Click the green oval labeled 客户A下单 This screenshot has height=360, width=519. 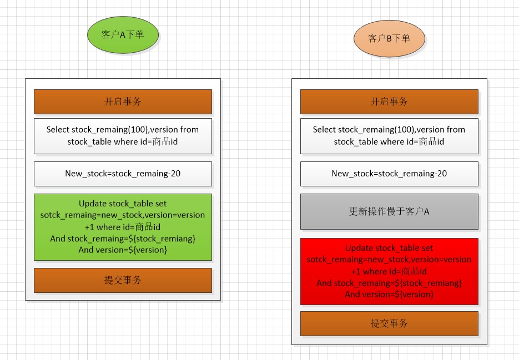click(123, 34)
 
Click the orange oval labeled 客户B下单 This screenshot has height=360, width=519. click(389, 38)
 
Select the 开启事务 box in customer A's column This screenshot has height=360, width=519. click(123, 102)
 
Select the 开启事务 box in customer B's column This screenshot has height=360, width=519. click(389, 102)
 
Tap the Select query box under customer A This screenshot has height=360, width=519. click(123, 135)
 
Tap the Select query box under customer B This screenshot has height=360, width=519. click(389, 135)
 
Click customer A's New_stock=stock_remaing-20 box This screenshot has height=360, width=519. click(123, 174)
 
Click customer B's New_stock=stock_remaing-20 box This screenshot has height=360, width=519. click(389, 174)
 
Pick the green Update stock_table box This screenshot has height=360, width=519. click(123, 227)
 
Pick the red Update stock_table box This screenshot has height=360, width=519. click(389, 271)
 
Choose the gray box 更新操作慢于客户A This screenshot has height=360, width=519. click(389, 211)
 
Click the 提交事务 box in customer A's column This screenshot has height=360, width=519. click(123, 280)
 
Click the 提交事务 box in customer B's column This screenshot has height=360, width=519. click(389, 323)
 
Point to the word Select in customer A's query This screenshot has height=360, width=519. click(58, 130)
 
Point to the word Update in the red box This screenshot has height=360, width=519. click(359, 248)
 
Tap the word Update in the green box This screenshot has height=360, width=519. click(92, 204)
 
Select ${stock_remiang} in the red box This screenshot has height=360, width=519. click(429, 283)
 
